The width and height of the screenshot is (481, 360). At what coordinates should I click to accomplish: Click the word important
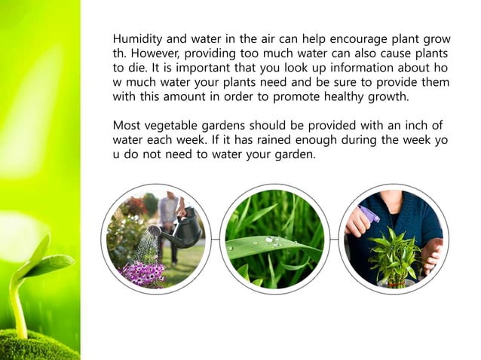pyautogui.click(x=185, y=67)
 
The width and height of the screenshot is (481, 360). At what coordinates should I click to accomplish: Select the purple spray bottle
pyautogui.click(x=369, y=217)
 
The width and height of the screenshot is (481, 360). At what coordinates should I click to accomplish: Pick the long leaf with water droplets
pyautogui.click(x=271, y=246)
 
